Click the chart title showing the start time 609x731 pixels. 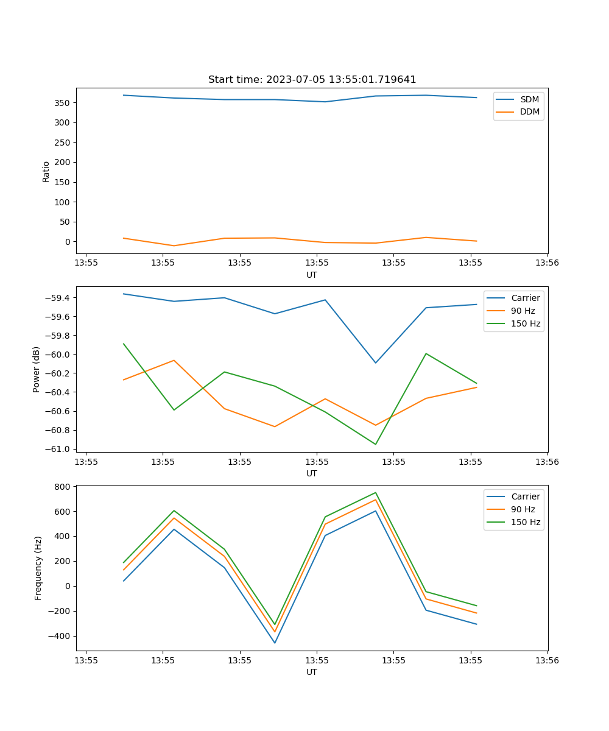click(x=312, y=80)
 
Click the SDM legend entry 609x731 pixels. click(x=529, y=99)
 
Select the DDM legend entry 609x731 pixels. click(x=529, y=111)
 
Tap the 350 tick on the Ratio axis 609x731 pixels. click(x=63, y=103)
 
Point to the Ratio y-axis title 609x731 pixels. click(x=46, y=171)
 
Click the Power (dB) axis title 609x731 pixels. click(x=37, y=369)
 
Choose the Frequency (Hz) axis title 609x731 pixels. click(x=38, y=568)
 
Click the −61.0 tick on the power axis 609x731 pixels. click(x=58, y=449)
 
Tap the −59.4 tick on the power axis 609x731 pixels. click(x=58, y=298)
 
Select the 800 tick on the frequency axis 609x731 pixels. click(x=63, y=487)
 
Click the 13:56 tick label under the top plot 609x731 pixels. click(x=547, y=263)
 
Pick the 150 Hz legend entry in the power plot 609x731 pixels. click(x=526, y=323)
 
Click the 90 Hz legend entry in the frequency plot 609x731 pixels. click(x=523, y=509)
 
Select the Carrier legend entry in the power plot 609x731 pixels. click(x=525, y=298)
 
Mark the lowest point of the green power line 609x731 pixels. click(x=375, y=444)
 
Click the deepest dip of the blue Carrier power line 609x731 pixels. click(x=375, y=363)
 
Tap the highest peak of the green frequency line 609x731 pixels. click(x=375, y=493)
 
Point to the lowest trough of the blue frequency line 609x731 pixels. click(x=275, y=643)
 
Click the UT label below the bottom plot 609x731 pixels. click(x=312, y=672)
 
